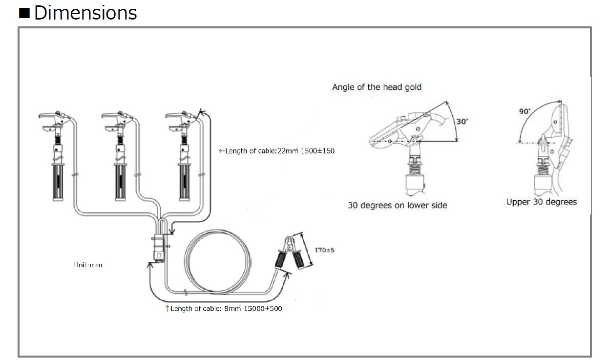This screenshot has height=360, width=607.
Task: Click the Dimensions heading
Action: pos(85,13)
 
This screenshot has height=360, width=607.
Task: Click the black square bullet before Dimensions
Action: pos(24,13)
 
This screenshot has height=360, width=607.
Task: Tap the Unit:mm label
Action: pos(88,265)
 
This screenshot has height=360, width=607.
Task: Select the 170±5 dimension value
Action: pos(324,250)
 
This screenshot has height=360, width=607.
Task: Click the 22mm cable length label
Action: pos(277,151)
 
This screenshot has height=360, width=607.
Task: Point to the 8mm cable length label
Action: pos(224,309)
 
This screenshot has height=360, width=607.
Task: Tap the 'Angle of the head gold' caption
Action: pos(377,87)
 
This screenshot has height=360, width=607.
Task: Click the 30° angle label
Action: pos(462,122)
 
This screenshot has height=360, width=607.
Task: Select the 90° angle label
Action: pos(524,111)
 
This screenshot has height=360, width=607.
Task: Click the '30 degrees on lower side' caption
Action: pos(398,205)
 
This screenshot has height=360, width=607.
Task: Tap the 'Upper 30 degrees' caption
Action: pos(542,202)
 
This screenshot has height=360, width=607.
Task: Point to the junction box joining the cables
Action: pos(159,248)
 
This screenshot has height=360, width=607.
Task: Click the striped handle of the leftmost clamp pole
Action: pos(58,182)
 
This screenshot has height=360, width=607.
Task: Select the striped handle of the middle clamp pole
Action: pos(120,182)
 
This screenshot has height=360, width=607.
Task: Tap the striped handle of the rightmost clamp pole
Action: pos(184,182)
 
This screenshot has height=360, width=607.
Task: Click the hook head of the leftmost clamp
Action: pos(54,121)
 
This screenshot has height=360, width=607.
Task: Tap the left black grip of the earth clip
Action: pos(280,259)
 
